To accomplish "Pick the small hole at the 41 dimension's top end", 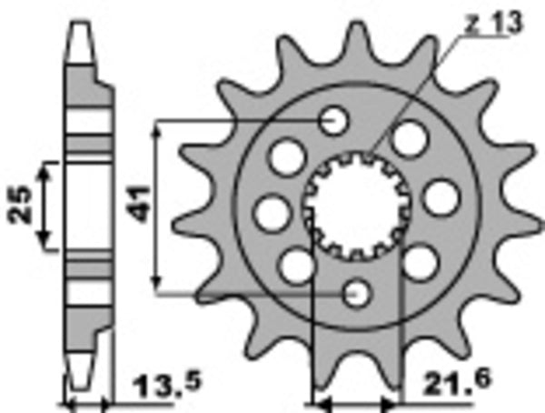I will tap(335, 121).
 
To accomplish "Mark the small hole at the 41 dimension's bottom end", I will tap(358, 293).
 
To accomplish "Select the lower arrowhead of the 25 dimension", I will tap(46, 243).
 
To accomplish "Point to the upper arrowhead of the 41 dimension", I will tap(158, 127).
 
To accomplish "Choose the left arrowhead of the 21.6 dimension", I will tap(319, 400).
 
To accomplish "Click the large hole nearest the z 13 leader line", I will tap(410, 137).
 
